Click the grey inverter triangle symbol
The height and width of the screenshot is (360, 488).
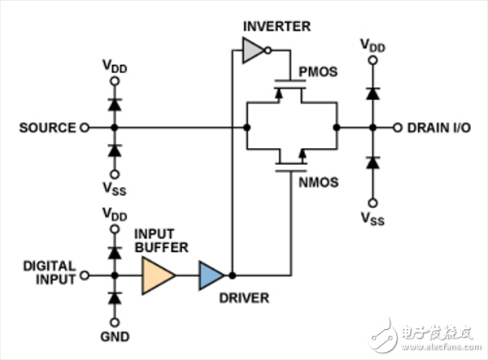point(251,54)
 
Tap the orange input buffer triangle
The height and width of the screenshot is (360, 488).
point(158,275)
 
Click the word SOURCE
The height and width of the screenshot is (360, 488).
point(46,128)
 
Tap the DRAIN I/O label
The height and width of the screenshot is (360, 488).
point(438,128)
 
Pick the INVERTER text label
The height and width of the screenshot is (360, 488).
point(277,27)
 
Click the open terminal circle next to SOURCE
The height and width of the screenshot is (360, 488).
point(83,128)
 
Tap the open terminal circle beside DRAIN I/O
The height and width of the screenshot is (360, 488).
point(397,128)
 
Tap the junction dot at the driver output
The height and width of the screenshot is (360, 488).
point(232,275)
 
